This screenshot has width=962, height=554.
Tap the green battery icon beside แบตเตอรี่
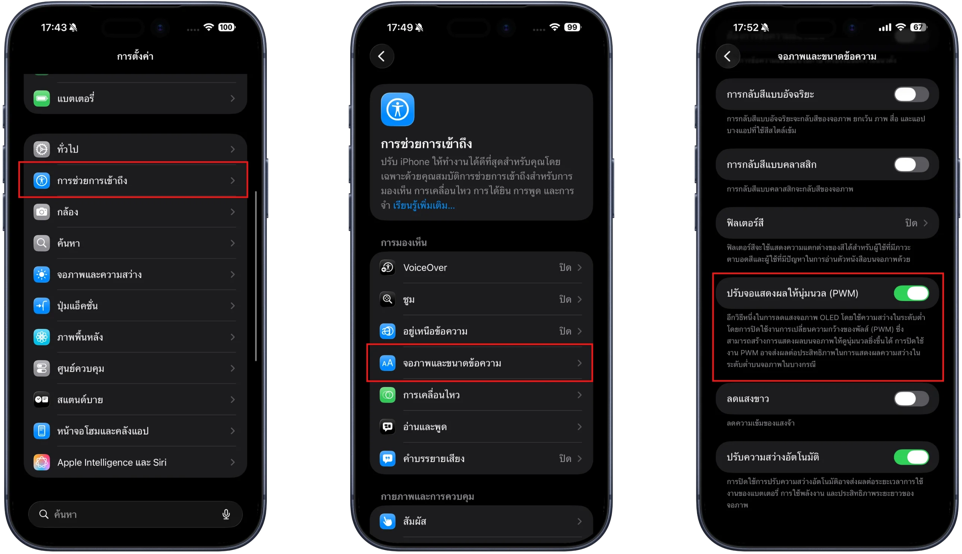click(41, 98)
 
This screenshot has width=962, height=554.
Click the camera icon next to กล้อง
click(41, 212)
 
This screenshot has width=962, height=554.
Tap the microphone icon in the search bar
click(226, 515)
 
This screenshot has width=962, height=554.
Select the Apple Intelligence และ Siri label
click(112, 462)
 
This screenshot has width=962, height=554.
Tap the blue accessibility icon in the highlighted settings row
click(41, 180)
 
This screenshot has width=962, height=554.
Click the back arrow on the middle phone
click(381, 56)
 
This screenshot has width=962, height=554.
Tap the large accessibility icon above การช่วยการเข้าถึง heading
click(398, 109)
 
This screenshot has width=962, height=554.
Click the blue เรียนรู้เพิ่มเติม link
click(424, 206)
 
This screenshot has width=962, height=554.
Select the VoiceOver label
click(425, 268)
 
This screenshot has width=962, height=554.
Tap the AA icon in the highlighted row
click(387, 363)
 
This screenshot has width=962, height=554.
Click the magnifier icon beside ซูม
click(387, 300)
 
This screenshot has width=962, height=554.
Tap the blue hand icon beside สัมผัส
click(387, 521)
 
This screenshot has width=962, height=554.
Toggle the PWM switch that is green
click(911, 294)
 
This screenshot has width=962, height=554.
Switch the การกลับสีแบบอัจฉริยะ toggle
click(911, 94)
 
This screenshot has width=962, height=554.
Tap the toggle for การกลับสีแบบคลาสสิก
click(911, 165)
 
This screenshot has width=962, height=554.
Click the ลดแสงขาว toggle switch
click(911, 399)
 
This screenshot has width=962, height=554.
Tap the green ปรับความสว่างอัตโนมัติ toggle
click(911, 457)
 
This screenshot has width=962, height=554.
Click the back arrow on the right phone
click(727, 56)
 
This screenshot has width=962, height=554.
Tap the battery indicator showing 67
click(918, 27)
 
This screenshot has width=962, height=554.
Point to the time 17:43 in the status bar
click(54, 27)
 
